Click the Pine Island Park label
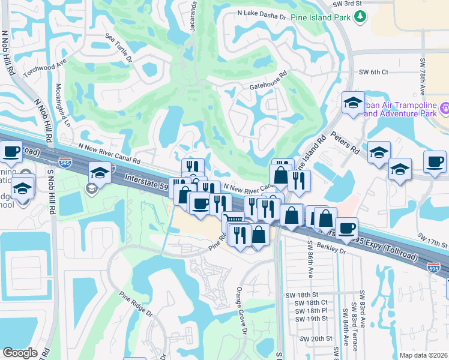pyautogui.click(x=321, y=17)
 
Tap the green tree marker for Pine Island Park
pyautogui.click(x=360, y=17)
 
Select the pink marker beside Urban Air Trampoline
pyautogui.click(x=444, y=109)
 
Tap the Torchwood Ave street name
pyautogui.click(x=45, y=69)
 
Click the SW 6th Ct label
pyautogui.click(x=373, y=72)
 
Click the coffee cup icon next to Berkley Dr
pyautogui.click(x=346, y=228)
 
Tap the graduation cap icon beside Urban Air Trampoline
pyautogui.click(x=353, y=103)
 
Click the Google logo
pyautogui.click(x=20, y=353)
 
